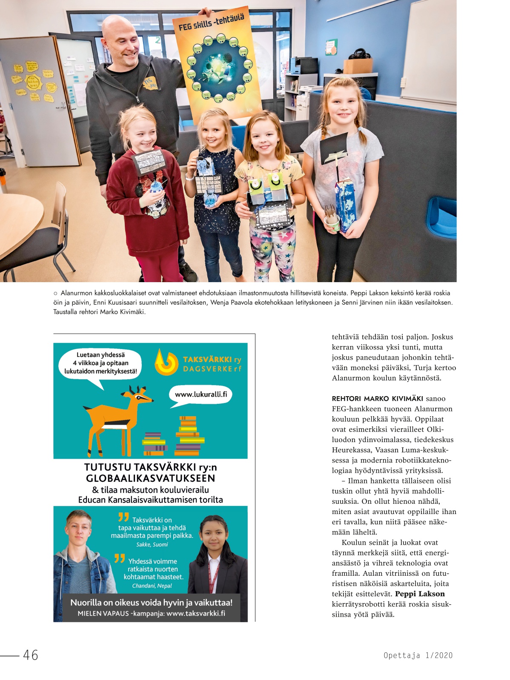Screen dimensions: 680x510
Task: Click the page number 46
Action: pos(31,655)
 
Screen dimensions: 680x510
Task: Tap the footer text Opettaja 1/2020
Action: pos(418,655)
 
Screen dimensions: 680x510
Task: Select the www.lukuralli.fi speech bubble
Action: pos(201,394)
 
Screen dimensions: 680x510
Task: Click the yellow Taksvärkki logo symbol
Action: pos(166,362)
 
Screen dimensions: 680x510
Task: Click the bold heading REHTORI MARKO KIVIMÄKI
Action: pos(377,399)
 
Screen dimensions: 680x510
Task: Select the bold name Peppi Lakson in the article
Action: pos(420,594)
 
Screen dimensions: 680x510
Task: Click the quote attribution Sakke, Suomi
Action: pos(152,545)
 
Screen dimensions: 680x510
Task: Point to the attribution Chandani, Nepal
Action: pos(152,586)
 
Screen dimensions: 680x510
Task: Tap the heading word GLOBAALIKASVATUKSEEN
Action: pos(150,478)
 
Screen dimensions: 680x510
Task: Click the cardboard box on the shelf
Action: pos(358,66)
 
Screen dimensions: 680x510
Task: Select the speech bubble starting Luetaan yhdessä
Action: pos(101,363)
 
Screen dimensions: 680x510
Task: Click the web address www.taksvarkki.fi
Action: pos(196,614)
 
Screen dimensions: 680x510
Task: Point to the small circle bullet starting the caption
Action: pos(55,293)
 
